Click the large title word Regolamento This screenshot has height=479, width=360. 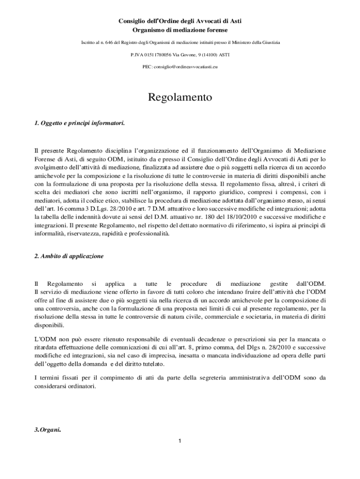coord(180,97)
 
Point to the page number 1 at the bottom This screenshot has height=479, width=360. coord(180,441)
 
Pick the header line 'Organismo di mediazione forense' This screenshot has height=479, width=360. coord(180,30)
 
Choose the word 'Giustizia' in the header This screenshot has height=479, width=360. coord(268,43)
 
